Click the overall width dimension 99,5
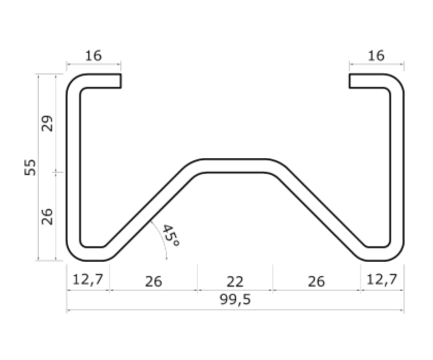(x=235, y=300)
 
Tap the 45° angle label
(x=170, y=235)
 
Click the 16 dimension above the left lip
(x=94, y=55)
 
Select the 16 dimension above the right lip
(x=376, y=55)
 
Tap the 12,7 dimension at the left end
(x=88, y=280)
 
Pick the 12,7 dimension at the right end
(x=382, y=280)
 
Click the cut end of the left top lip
(x=120, y=81)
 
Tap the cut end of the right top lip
(x=350, y=81)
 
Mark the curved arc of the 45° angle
(x=161, y=238)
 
